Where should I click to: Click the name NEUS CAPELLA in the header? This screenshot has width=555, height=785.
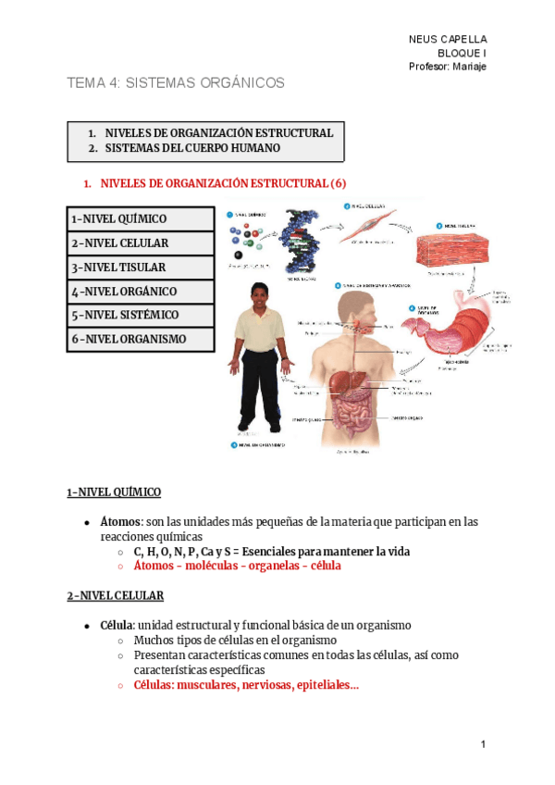[448, 39]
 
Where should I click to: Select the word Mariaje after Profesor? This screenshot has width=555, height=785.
[467, 67]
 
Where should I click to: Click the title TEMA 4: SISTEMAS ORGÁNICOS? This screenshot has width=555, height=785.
[176, 83]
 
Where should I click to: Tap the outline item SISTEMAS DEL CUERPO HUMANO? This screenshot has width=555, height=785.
[192, 148]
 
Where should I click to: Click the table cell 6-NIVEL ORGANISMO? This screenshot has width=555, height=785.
[129, 340]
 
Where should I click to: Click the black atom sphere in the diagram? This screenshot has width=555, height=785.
[240, 255]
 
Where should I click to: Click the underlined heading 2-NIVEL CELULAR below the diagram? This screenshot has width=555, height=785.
[115, 595]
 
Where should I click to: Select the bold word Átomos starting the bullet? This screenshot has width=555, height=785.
[119, 522]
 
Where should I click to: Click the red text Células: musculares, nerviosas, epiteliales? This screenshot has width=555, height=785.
[246, 686]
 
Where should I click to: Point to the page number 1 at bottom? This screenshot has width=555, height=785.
[483, 744]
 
